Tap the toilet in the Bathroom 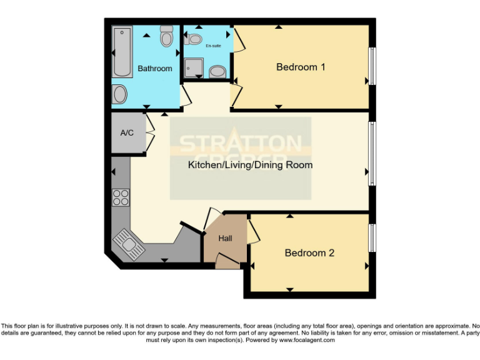tap(166, 37)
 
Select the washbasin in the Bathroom tap(120, 95)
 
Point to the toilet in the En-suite tap(195, 39)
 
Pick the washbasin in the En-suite tap(217, 71)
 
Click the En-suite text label tap(214, 45)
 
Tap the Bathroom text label tap(154, 68)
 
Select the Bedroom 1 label tap(301, 67)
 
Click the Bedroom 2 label tap(309, 252)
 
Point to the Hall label tap(225, 238)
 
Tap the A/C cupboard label tap(127, 132)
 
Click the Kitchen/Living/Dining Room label tap(250, 165)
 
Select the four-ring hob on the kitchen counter tap(120, 197)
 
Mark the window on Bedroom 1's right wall tap(371, 66)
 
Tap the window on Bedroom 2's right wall tap(371, 238)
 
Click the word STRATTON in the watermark tap(241, 143)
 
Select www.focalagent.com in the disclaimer tap(307, 340)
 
